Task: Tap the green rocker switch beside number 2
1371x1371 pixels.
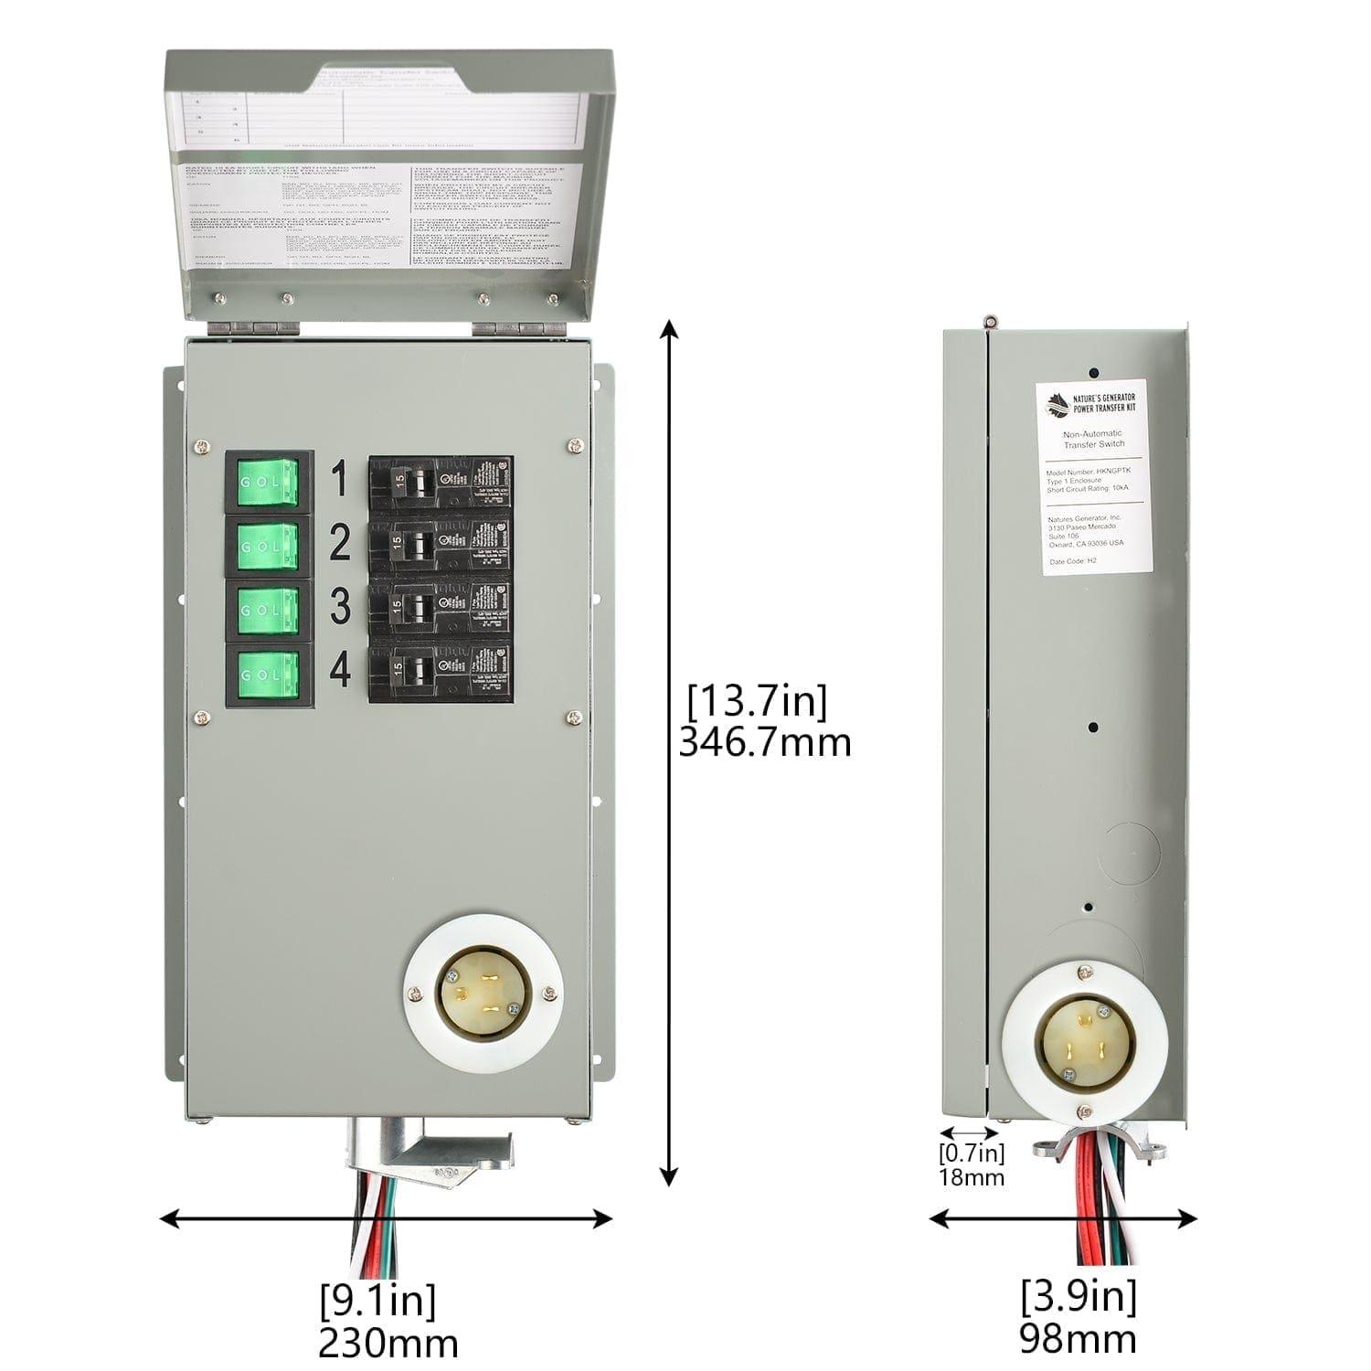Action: coord(269,547)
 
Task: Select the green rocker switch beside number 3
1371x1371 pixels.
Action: coord(269,611)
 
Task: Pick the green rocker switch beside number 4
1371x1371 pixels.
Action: coord(269,675)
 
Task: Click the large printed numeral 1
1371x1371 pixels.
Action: coord(340,480)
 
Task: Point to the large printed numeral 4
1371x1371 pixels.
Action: coord(340,672)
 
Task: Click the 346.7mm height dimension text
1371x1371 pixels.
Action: coord(764,742)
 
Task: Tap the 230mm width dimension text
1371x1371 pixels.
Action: coord(388,1344)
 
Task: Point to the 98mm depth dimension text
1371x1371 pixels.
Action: coord(1079,1340)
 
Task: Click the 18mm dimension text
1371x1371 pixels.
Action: coord(971,1177)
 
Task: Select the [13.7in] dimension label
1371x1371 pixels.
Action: coord(757,702)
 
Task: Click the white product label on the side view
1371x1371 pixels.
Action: coord(1092,477)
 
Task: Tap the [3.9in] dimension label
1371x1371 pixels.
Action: coord(1079,1296)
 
